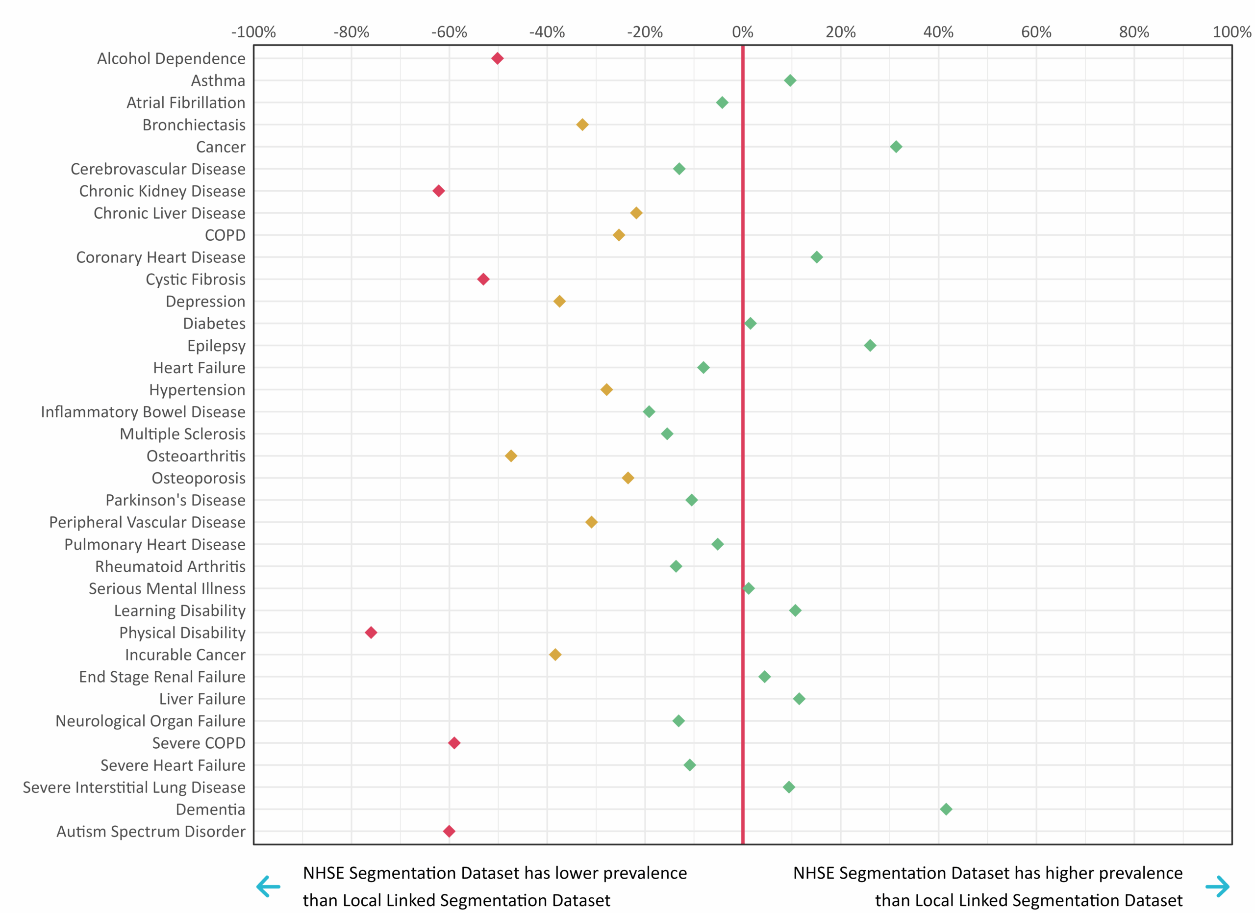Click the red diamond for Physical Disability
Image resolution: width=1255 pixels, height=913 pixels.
coord(371,633)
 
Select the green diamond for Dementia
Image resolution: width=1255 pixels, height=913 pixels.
coord(946,809)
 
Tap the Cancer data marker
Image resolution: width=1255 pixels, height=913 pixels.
coord(896,147)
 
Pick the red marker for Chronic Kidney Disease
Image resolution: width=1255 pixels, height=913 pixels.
coord(438,191)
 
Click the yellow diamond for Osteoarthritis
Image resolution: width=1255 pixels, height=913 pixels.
coord(511,456)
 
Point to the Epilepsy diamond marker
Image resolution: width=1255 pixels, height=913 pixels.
coord(870,345)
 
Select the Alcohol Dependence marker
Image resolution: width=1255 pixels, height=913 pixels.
coord(498,58)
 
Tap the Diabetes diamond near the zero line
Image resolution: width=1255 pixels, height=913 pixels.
coord(750,323)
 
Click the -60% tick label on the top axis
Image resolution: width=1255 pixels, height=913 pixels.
coord(449,32)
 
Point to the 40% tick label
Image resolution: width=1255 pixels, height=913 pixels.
coord(938,32)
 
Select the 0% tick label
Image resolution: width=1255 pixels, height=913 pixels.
coord(743,32)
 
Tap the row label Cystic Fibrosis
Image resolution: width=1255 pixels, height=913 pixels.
coord(195,279)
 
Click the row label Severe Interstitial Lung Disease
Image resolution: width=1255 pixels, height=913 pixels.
coord(134,787)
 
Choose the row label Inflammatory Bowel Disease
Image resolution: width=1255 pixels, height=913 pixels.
coord(143,412)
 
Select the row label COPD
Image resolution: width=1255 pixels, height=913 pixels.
coord(225,235)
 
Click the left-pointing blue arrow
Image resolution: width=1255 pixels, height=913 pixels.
coord(268,887)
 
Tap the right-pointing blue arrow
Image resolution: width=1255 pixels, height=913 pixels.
coord(1217,887)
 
